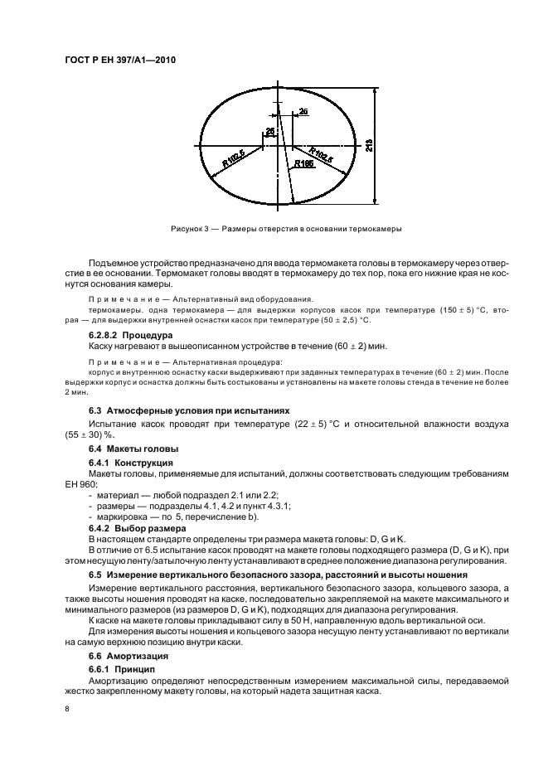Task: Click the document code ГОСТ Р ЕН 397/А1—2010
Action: coord(121,61)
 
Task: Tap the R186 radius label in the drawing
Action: coord(304,164)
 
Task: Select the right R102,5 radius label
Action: coord(322,154)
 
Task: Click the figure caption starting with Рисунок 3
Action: coord(285,228)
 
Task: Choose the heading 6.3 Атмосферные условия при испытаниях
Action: coord(190,410)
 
